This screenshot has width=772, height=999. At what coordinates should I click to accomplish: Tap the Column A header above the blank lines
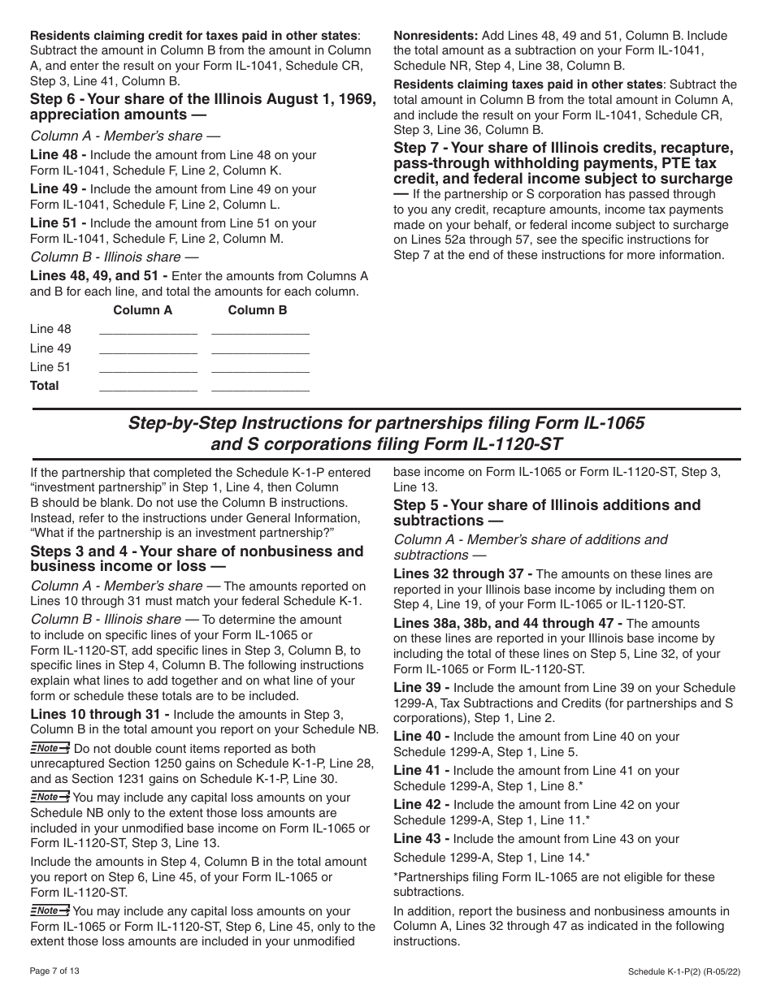tap(142, 310)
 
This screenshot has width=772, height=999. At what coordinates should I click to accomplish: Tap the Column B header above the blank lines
tap(257, 310)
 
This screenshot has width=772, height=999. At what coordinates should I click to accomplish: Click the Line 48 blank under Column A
tap(147, 330)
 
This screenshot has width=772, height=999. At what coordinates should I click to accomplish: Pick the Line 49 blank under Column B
tap(260, 349)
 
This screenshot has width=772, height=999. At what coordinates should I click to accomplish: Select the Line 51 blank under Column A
tap(147, 368)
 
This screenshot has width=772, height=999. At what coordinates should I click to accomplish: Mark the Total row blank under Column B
tap(260, 387)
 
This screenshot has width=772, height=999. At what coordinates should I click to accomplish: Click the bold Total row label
tap(45, 386)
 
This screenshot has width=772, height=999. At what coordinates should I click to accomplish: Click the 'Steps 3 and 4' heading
tap(197, 560)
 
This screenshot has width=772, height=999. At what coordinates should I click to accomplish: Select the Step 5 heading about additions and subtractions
tap(547, 512)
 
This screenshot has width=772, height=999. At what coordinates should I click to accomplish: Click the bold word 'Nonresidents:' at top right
tap(436, 36)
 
